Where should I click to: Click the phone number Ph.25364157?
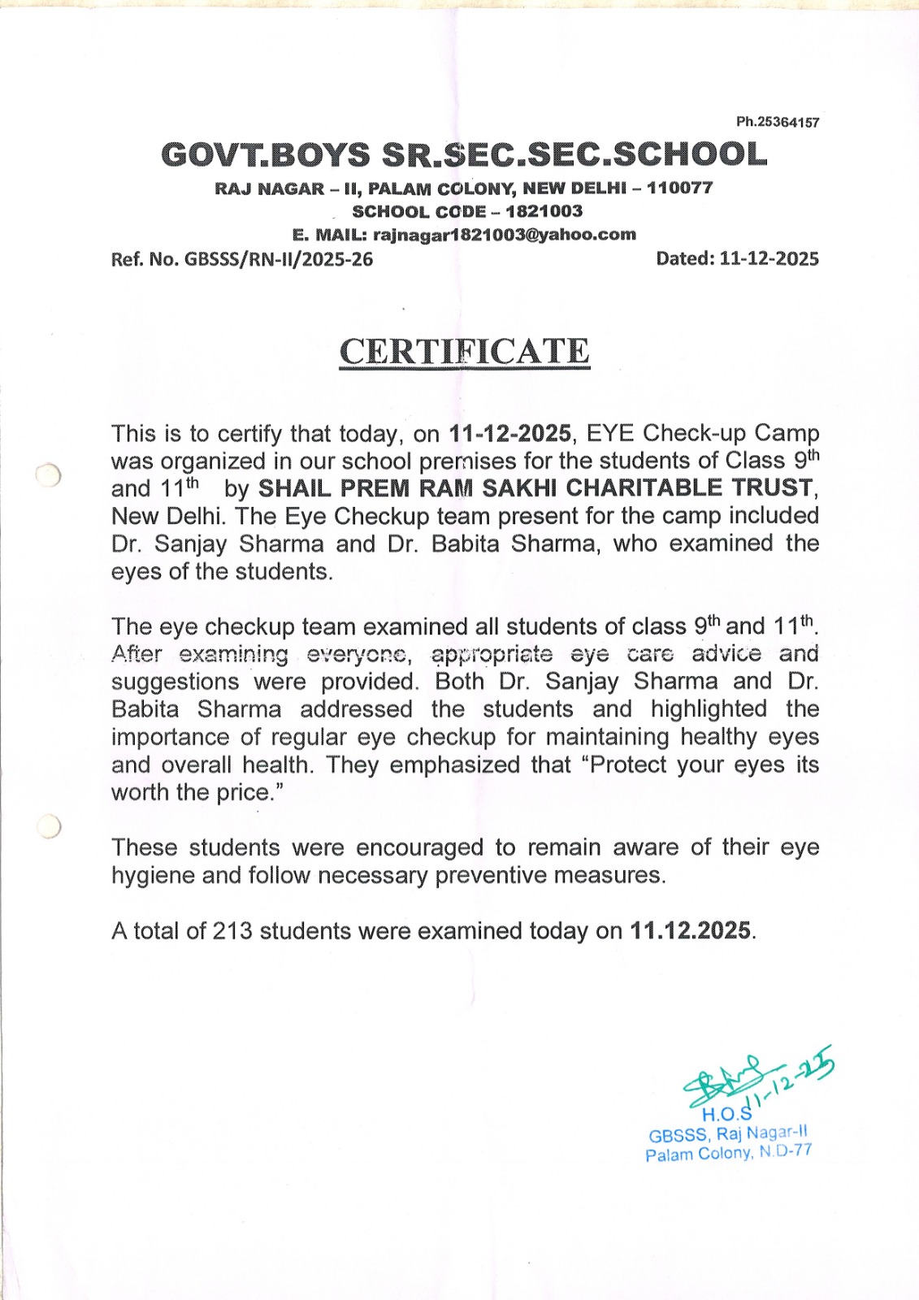pos(778,122)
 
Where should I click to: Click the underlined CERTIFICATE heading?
pos(464,352)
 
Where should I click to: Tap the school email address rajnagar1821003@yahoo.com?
pos(504,235)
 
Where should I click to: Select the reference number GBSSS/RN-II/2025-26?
pos(279,259)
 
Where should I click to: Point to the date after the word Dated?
pos(769,258)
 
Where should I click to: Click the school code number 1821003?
pos(544,211)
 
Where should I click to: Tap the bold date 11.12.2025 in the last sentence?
pos(691,930)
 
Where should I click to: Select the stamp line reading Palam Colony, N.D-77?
pos(728,1152)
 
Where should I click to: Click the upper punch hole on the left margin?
pos(49,475)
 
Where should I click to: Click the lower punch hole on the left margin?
pos(50,826)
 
